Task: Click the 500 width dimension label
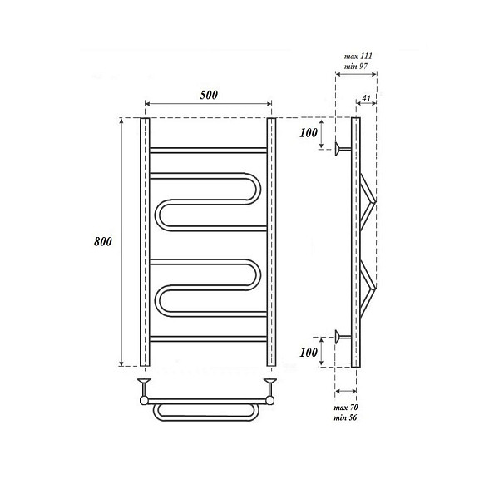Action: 209,95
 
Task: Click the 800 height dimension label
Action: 103,241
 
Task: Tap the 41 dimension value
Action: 367,98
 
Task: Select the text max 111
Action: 358,57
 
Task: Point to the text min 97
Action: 355,67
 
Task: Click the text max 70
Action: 346,408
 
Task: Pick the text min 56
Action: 345,417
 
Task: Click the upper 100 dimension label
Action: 309,133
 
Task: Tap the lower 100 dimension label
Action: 309,353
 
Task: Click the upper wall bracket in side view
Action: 343,149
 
